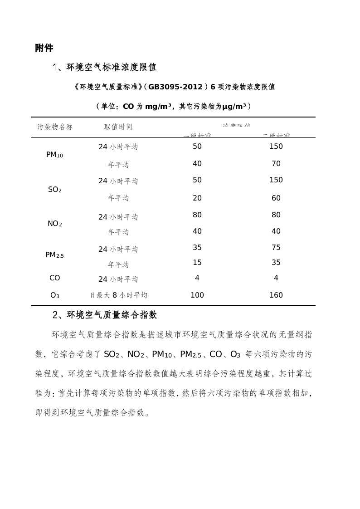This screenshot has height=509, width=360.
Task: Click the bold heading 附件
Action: click(44, 49)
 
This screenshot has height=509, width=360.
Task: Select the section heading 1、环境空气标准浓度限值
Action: click(105, 68)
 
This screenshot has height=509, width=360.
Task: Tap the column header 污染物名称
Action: click(55, 127)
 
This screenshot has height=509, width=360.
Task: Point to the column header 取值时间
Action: click(118, 127)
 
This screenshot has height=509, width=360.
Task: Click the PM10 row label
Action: click(55, 155)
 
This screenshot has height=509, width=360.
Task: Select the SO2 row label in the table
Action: click(55, 190)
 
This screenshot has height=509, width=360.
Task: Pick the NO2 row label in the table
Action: click(55, 224)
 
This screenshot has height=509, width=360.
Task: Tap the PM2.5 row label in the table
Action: click(55, 255)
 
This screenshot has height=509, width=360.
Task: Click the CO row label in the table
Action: click(55, 278)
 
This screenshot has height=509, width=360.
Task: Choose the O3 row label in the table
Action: click(55, 295)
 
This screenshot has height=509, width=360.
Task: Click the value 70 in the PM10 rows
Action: click(276, 164)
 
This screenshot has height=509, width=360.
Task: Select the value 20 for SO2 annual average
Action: click(197, 198)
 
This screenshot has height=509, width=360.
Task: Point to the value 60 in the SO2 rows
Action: click(276, 198)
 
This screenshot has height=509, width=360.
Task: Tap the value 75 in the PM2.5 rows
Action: click(276, 248)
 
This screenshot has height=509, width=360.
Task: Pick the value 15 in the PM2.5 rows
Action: click(197, 263)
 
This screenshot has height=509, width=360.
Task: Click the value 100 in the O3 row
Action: click(197, 295)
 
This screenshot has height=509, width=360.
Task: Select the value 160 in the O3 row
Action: click(276, 295)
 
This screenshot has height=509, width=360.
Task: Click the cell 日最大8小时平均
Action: click(118, 295)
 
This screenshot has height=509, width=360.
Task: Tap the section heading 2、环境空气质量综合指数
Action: click(105, 314)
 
